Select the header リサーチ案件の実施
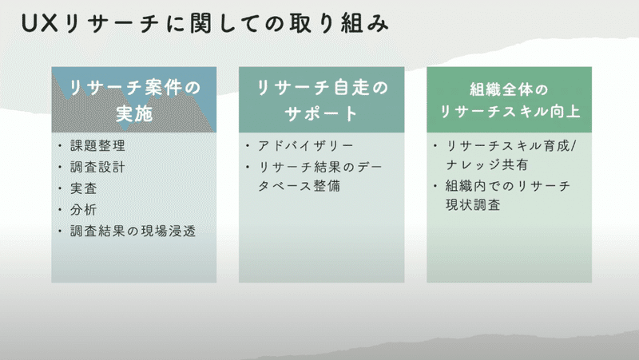click(x=133, y=100)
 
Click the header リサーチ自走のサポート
click(x=321, y=100)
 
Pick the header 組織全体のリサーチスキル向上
click(x=508, y=100)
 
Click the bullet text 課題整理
click(x=97, y=146)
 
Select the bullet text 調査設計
click(x=97, y=168)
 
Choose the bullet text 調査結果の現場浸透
click(x=133, y=231)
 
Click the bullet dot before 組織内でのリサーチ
click(x=435, y=186)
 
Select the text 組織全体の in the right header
click(x=508, y=87)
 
